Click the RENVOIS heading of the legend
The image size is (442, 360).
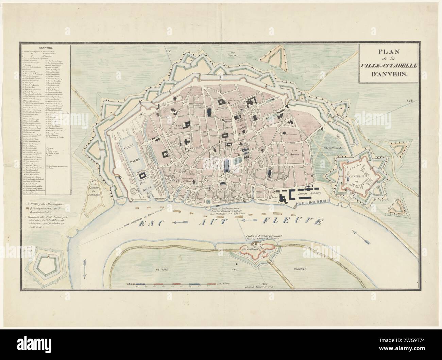[x=45, y=48]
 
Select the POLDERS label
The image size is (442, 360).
[x=298, y=269]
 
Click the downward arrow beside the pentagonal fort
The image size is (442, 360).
[x=85, y=268]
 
